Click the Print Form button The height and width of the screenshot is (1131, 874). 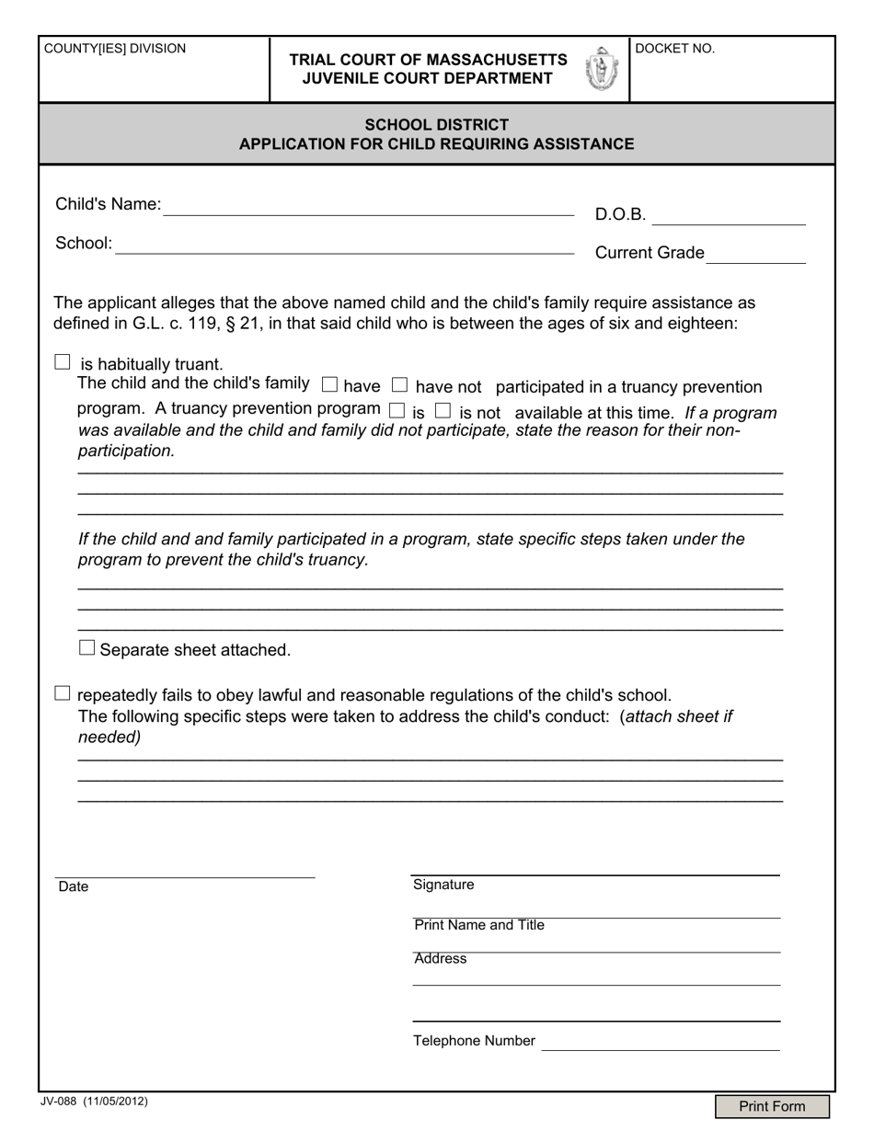click(x=772, y=1106)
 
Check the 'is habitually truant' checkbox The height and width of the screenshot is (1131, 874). click(x=63, y=362)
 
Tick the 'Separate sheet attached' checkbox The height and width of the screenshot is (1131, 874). click(x=87, y=647)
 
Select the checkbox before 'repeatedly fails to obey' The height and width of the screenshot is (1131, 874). click(x=63, y=692)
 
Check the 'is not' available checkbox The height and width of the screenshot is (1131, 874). click(x=443, y=410)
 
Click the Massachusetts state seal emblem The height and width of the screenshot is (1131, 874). click(x=602, y=69)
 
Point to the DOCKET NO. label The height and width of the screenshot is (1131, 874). click(x=675, y=50)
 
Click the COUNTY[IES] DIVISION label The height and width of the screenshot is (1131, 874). click(x=115, y=49)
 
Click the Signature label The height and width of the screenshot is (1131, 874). click(x=443, y=885)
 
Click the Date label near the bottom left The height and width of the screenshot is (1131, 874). click(x=74, y=886)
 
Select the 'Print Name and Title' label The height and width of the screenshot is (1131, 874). click(x=479, y=925)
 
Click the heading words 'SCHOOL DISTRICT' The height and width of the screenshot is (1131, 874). click(x=436, y=124)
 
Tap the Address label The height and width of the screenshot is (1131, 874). click(x=441, y=959)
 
